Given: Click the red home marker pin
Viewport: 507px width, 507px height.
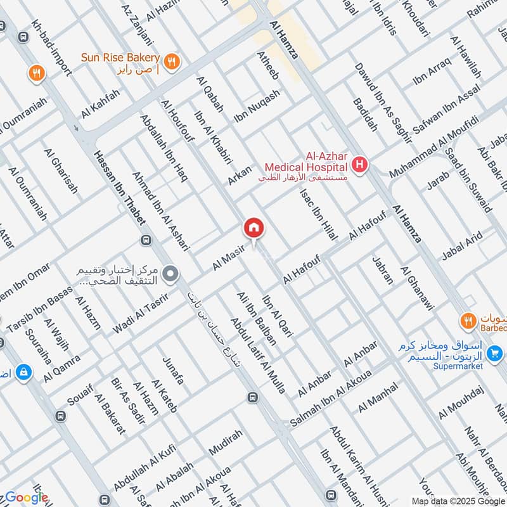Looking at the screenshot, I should [253, 227].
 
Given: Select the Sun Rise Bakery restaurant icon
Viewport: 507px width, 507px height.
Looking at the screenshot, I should [171, 61].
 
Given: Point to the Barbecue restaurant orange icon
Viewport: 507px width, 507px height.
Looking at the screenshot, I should [468, 321].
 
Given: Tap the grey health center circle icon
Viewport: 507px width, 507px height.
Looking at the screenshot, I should [170, 274].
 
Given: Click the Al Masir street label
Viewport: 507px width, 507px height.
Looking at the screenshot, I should [229, 259].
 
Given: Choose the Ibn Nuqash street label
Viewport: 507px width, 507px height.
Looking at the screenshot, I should [257, 106].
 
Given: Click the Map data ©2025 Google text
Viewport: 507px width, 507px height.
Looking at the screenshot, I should [458, 501].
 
